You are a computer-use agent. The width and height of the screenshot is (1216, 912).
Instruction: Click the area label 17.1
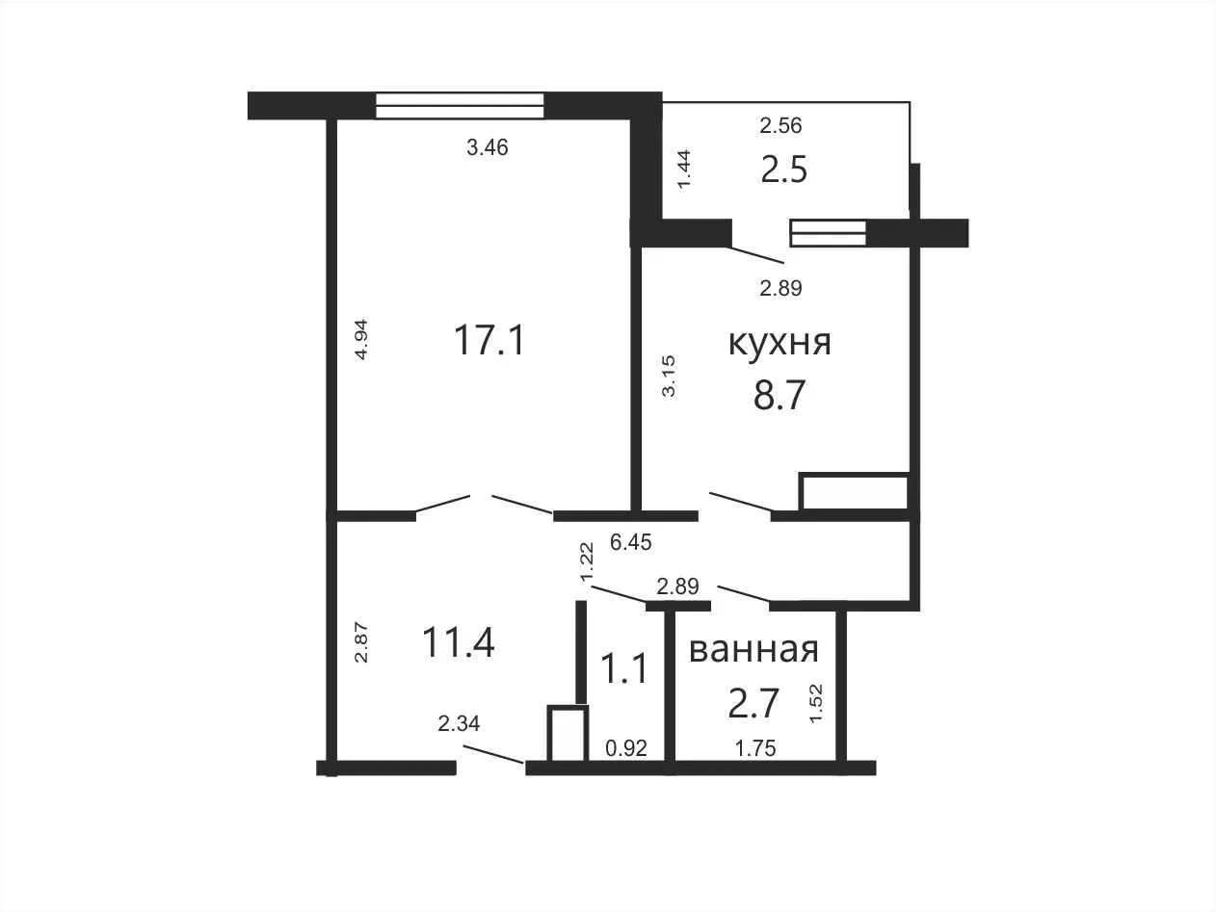(489, 340)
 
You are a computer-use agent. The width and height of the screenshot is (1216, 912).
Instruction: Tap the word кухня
(780, 343)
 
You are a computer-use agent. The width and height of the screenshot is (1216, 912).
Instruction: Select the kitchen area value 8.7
(779, 396)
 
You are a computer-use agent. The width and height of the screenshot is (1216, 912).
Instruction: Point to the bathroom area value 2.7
(753, 703)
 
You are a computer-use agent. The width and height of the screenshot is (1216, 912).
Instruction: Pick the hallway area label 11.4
(458, 643)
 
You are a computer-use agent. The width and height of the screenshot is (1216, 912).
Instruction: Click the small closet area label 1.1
(623, 668)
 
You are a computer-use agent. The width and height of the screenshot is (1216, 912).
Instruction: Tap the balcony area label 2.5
(784, 169)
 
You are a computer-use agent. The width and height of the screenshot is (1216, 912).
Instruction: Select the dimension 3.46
(487, 147)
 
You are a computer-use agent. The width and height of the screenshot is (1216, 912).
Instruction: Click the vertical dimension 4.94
(360, 340)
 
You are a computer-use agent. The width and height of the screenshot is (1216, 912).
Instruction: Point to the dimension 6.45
(630, 542)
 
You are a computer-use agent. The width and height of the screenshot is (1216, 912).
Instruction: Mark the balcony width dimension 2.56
(780, 126)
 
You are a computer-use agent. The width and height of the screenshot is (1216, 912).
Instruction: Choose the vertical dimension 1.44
(684, 170)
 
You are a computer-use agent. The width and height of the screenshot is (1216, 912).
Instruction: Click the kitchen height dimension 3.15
(669, 376)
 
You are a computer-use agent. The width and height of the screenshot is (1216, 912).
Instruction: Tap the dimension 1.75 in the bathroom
(755, 749)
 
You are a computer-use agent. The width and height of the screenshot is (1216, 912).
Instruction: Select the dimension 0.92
(626, 748)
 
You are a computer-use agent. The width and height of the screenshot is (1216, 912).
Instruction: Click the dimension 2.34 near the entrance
(459, 724)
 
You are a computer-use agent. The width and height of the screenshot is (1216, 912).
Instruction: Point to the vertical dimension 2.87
(361, 642)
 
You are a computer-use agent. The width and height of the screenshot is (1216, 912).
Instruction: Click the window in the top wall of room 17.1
(460, 105)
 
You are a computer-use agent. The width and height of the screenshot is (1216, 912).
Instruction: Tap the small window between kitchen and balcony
(829, 233)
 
